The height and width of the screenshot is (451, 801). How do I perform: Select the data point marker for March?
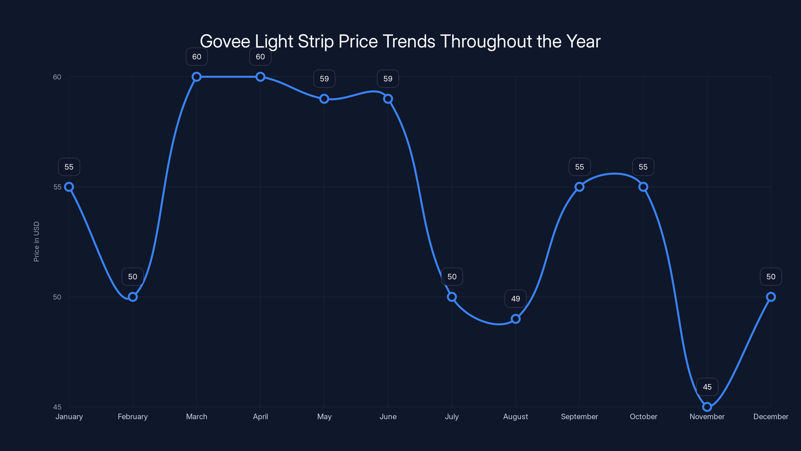196,77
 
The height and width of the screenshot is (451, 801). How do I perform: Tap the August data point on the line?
516,319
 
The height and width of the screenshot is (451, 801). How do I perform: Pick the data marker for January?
69,187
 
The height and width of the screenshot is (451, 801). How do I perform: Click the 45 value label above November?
707,387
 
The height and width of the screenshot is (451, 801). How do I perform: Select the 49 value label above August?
516,299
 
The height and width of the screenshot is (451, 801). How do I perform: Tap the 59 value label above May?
324,79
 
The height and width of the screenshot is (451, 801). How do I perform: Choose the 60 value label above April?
260,57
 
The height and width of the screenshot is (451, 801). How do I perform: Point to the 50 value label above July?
452,277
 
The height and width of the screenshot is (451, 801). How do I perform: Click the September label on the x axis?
579,416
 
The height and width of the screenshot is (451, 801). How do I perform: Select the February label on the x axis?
133,416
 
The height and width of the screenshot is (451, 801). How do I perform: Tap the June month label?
388,416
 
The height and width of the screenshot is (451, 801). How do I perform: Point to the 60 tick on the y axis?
57,77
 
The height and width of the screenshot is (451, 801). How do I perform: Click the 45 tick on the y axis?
57,407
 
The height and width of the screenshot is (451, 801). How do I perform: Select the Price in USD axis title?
36,242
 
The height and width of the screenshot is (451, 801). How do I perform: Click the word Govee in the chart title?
225,41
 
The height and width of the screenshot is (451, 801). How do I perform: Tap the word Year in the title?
583,41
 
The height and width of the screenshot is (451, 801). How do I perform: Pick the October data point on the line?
643,187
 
